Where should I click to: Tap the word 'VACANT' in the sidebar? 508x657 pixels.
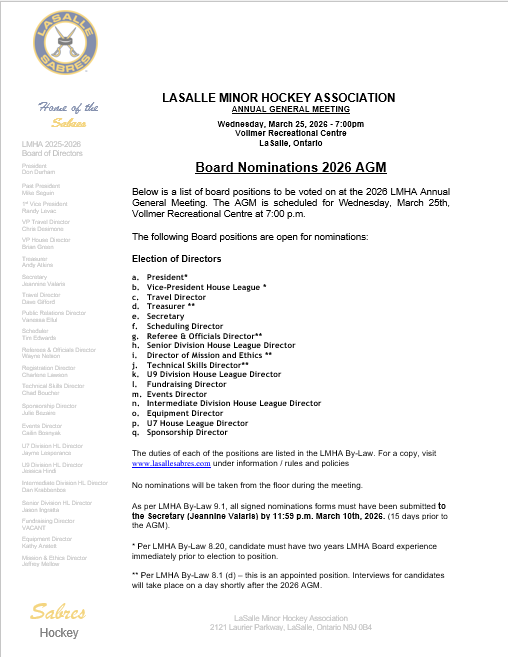35,500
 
